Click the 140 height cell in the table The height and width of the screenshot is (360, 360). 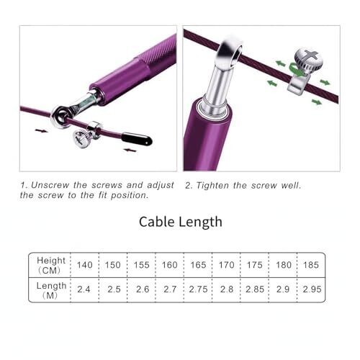84,265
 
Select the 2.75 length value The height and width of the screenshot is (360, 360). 198,289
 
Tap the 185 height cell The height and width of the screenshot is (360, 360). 311,265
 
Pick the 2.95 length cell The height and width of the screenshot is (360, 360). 312,289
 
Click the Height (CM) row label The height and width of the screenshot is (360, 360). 51,266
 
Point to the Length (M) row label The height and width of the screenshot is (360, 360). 51,290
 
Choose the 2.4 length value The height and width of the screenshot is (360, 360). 84,289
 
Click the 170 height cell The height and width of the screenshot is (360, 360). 226,265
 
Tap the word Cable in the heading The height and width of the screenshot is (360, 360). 158,222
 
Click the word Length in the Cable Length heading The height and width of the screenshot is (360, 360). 201,222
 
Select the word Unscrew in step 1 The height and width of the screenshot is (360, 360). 50,185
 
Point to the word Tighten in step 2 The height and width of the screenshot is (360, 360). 212,186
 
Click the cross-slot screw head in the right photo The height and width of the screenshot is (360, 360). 309,59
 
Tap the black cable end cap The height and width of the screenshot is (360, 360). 137,139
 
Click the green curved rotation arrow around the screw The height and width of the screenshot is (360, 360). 296,68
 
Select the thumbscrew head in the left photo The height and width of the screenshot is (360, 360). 81,139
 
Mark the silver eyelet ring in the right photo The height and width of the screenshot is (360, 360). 229,55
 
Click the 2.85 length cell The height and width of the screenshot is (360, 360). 255,289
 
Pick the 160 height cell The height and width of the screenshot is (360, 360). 170,265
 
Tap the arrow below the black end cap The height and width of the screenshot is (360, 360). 130,150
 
